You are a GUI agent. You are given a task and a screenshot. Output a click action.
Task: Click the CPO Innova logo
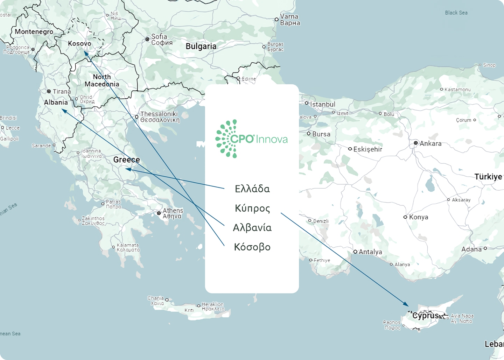tap(252, 139)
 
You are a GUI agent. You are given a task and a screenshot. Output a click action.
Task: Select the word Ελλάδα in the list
tap(252, 189)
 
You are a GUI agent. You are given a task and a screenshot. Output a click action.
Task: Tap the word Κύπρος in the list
tap(252, 209)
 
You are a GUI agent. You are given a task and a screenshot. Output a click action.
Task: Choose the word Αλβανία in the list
tap(252, 228)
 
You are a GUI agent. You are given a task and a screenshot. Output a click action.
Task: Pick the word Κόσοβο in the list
tap(252, 247)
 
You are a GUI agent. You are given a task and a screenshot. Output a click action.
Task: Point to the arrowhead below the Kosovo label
tap(85, 53)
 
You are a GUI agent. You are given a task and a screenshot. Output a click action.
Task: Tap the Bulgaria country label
tap(201, 46)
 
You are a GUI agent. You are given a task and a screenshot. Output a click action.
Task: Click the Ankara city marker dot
tap(416, 143)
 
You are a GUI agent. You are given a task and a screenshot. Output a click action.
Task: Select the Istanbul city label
tap(322, 104)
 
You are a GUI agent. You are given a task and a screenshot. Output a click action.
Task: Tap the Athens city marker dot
tap(159, 213)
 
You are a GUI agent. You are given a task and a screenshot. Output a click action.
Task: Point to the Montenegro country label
tap(34, 32)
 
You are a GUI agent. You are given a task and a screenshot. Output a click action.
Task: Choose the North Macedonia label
tap(102, 80)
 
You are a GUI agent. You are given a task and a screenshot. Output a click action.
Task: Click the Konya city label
tap(418, 217)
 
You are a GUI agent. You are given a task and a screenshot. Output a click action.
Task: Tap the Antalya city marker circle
tap(355, 252)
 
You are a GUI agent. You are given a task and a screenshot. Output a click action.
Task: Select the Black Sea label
tap(456, 13)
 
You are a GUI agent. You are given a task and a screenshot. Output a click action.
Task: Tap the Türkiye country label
tap(488, 177)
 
